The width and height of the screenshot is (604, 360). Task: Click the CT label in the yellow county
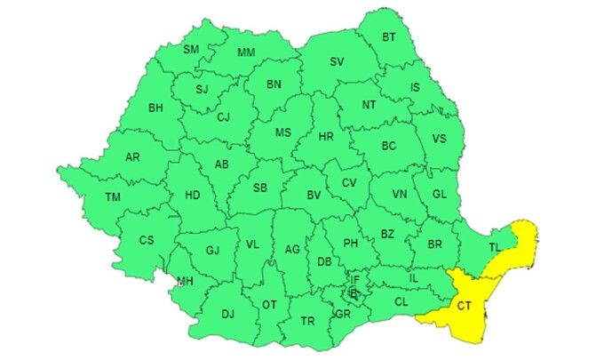coord(465,306)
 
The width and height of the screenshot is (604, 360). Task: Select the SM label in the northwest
coord(191,49)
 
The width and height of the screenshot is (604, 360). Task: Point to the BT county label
coord(389,36)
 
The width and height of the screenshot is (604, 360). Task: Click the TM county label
coord(113,197)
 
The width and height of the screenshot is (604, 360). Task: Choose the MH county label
coord(185,282)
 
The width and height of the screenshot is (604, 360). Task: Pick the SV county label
coord(337,61)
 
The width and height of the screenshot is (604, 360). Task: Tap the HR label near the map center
coord(326,137)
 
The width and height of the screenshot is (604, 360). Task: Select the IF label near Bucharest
coord(354,279)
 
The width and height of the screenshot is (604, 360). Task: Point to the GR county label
coord(343,315)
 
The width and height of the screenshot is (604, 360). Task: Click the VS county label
coord(439,139)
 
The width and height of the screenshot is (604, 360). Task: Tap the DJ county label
coord(227,313)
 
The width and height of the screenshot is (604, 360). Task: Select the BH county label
coord(155,108)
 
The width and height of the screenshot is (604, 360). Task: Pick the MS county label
coord(282,132)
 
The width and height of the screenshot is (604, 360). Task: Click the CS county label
coord(147,240)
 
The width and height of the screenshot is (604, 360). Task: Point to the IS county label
coord(415,87)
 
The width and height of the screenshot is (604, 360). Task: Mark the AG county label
coord(292,250)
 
